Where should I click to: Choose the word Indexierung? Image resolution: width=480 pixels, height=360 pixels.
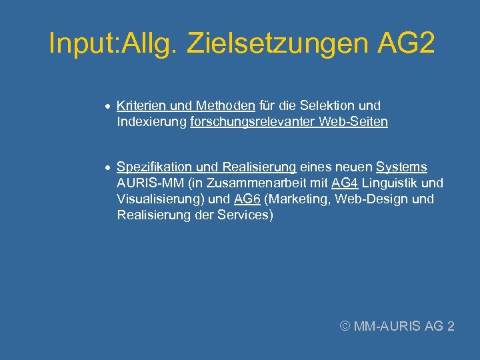[151, 122]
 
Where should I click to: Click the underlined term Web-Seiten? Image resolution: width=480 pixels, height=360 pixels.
[353, 122]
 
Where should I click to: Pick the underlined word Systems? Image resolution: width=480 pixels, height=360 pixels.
[401, 167]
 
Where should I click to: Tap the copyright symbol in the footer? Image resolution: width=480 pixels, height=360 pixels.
[345, 326]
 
